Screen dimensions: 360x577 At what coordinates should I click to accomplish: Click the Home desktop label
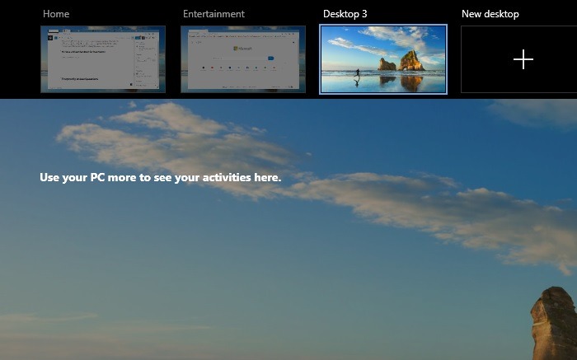point(56,14)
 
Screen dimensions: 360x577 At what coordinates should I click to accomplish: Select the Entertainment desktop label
point(213,14)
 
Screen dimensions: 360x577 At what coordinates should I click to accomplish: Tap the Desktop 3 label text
point(345,14)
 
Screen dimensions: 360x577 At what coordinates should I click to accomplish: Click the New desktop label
point(490,14)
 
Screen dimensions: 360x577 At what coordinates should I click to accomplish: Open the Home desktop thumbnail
point(103,59)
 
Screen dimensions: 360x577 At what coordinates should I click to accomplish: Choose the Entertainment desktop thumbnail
point(243,59)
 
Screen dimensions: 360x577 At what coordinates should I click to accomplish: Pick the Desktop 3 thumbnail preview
point(383,59)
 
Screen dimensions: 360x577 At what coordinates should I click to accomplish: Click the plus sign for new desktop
point(523,59)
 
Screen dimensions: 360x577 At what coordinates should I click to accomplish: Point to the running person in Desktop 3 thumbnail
point(357,73)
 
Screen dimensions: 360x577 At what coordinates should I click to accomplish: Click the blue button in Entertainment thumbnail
point(270,58)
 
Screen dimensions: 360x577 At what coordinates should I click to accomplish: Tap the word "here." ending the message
point(268,177)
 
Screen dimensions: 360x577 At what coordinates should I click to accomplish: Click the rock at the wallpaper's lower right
point(554,325)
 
